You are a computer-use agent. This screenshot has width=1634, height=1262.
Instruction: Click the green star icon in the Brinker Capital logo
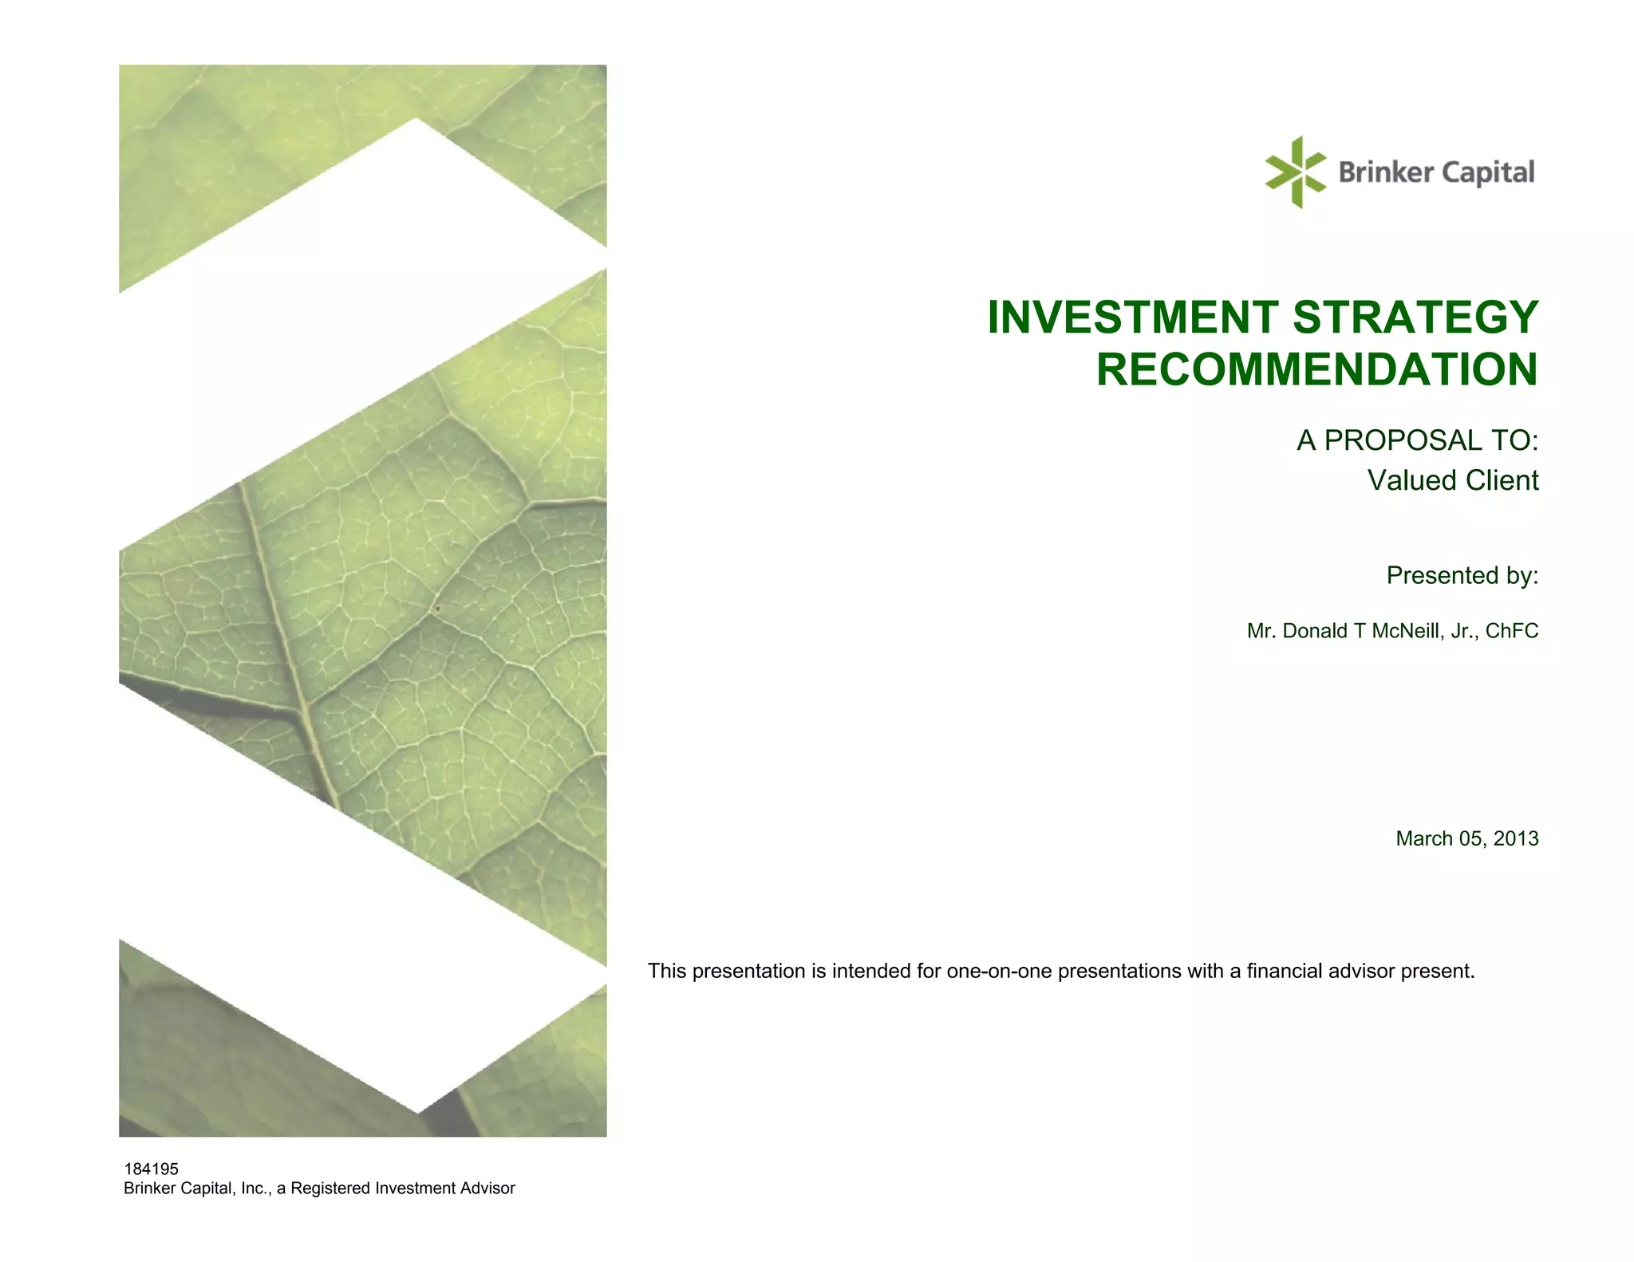[1295, 172]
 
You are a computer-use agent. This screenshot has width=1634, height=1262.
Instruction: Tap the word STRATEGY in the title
[1415, 317]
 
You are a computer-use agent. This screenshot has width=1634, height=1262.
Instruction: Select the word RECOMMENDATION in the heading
[1316, 369]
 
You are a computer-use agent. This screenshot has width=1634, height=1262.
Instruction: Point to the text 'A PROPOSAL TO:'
[1417, 440]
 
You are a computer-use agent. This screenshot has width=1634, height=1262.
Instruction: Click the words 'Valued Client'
[1452, 480]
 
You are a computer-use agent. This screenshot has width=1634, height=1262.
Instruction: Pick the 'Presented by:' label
[1462, 575]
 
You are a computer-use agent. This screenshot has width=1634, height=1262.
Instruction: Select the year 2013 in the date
[1516, 838]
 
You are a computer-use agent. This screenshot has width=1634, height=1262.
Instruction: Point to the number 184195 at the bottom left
[151, 1169]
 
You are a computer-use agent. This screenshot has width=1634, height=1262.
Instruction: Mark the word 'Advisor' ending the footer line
[486, 1189]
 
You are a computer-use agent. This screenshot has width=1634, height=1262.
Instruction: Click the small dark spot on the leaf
[437, 610]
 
